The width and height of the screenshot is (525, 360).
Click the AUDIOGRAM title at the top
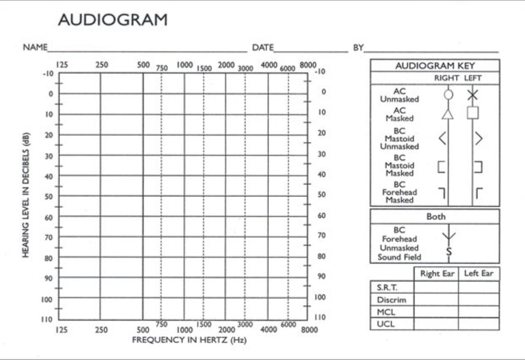(x=113, y=20)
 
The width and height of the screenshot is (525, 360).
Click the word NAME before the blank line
(x=35, y=47)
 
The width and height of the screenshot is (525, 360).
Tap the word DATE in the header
(x=263, y=47)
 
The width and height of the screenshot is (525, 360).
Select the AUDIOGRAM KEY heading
(x=435, y=66)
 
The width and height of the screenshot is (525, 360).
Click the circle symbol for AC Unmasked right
(x=448, y=94)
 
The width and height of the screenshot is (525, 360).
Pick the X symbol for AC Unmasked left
(x=472, y=94)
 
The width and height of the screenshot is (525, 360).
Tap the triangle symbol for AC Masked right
(x=448, y=114)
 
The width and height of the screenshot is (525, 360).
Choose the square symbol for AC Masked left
(x=472, y=113)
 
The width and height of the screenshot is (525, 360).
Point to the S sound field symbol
(x=449, y=252)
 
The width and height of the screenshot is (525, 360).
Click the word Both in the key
(x=436, y=217)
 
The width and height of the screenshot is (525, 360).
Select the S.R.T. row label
(x=388, y=288)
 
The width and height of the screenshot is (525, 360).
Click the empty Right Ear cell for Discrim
(x=436, y=299)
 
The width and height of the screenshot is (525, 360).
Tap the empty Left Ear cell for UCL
(x=479, y=324)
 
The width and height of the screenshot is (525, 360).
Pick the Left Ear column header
(x=479, y=273)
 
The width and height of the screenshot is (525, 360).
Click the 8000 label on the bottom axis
(x=310, y=330)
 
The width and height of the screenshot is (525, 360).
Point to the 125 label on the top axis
(x=62, y=64)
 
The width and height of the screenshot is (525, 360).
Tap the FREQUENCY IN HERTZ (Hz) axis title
(x=189, y=340)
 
